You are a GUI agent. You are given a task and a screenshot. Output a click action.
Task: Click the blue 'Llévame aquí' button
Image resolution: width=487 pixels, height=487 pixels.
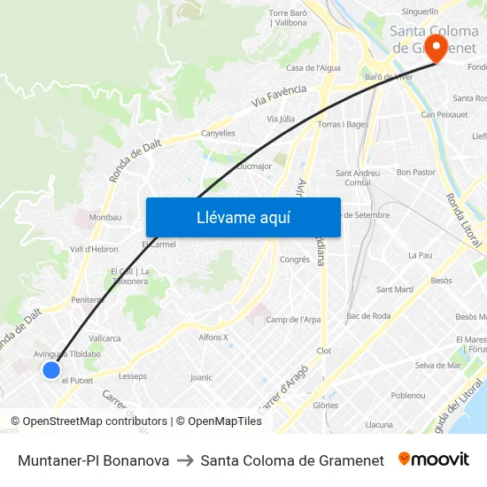[243, 217]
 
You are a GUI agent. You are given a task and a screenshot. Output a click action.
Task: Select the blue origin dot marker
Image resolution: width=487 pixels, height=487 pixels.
[51, 370]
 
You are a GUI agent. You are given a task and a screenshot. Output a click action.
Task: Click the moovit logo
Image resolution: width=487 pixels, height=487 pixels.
[434, 460]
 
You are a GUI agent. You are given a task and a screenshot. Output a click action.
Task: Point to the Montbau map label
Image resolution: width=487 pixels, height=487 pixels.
[105, 217]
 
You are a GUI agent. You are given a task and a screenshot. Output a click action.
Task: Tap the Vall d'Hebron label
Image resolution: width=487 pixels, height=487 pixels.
[94, 250]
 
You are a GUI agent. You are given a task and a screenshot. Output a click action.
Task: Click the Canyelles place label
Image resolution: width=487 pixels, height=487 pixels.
[218, 134]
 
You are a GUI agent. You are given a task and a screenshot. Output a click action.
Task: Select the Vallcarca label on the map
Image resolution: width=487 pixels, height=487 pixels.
[104, 338]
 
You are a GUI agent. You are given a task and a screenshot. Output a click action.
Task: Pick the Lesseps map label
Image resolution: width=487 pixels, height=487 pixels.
[133, 376]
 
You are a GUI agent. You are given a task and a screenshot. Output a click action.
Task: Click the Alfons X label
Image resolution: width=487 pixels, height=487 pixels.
[213, 337]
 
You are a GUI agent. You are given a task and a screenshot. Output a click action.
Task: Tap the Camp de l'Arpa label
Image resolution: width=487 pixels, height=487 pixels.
[293, 320]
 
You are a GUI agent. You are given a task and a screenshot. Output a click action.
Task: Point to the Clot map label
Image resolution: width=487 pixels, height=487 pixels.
[323, 351]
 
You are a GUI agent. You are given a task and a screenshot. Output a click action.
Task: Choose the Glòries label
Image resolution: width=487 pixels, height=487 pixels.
[325, 406]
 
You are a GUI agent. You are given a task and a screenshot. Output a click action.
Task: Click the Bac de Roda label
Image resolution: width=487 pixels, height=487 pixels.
[368, 316]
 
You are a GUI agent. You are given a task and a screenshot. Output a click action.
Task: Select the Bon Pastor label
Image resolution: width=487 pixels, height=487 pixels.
[415, 172]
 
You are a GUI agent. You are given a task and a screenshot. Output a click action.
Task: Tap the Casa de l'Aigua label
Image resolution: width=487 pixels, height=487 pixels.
[313, 68]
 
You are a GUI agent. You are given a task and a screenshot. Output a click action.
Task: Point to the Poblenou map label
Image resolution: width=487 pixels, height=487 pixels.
[408, 396]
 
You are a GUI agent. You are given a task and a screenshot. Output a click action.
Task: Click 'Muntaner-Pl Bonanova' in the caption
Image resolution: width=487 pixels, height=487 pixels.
[93, 460]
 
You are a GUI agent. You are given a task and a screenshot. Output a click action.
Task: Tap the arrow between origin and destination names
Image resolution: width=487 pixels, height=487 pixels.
[185, 460]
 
